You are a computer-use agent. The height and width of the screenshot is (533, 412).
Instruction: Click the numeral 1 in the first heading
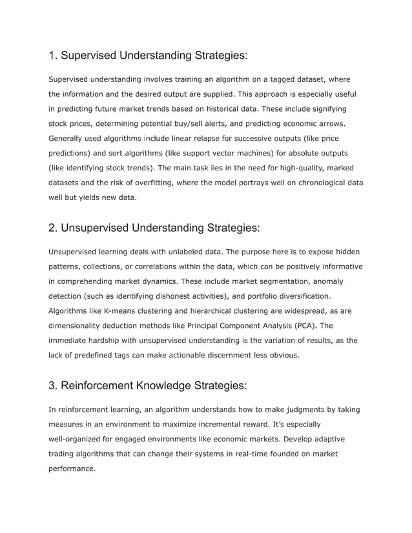(52, 55)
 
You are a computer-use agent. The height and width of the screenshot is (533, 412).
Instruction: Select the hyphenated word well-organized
(79, 439)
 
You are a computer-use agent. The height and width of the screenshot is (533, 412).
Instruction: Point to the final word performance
(72, 468)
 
